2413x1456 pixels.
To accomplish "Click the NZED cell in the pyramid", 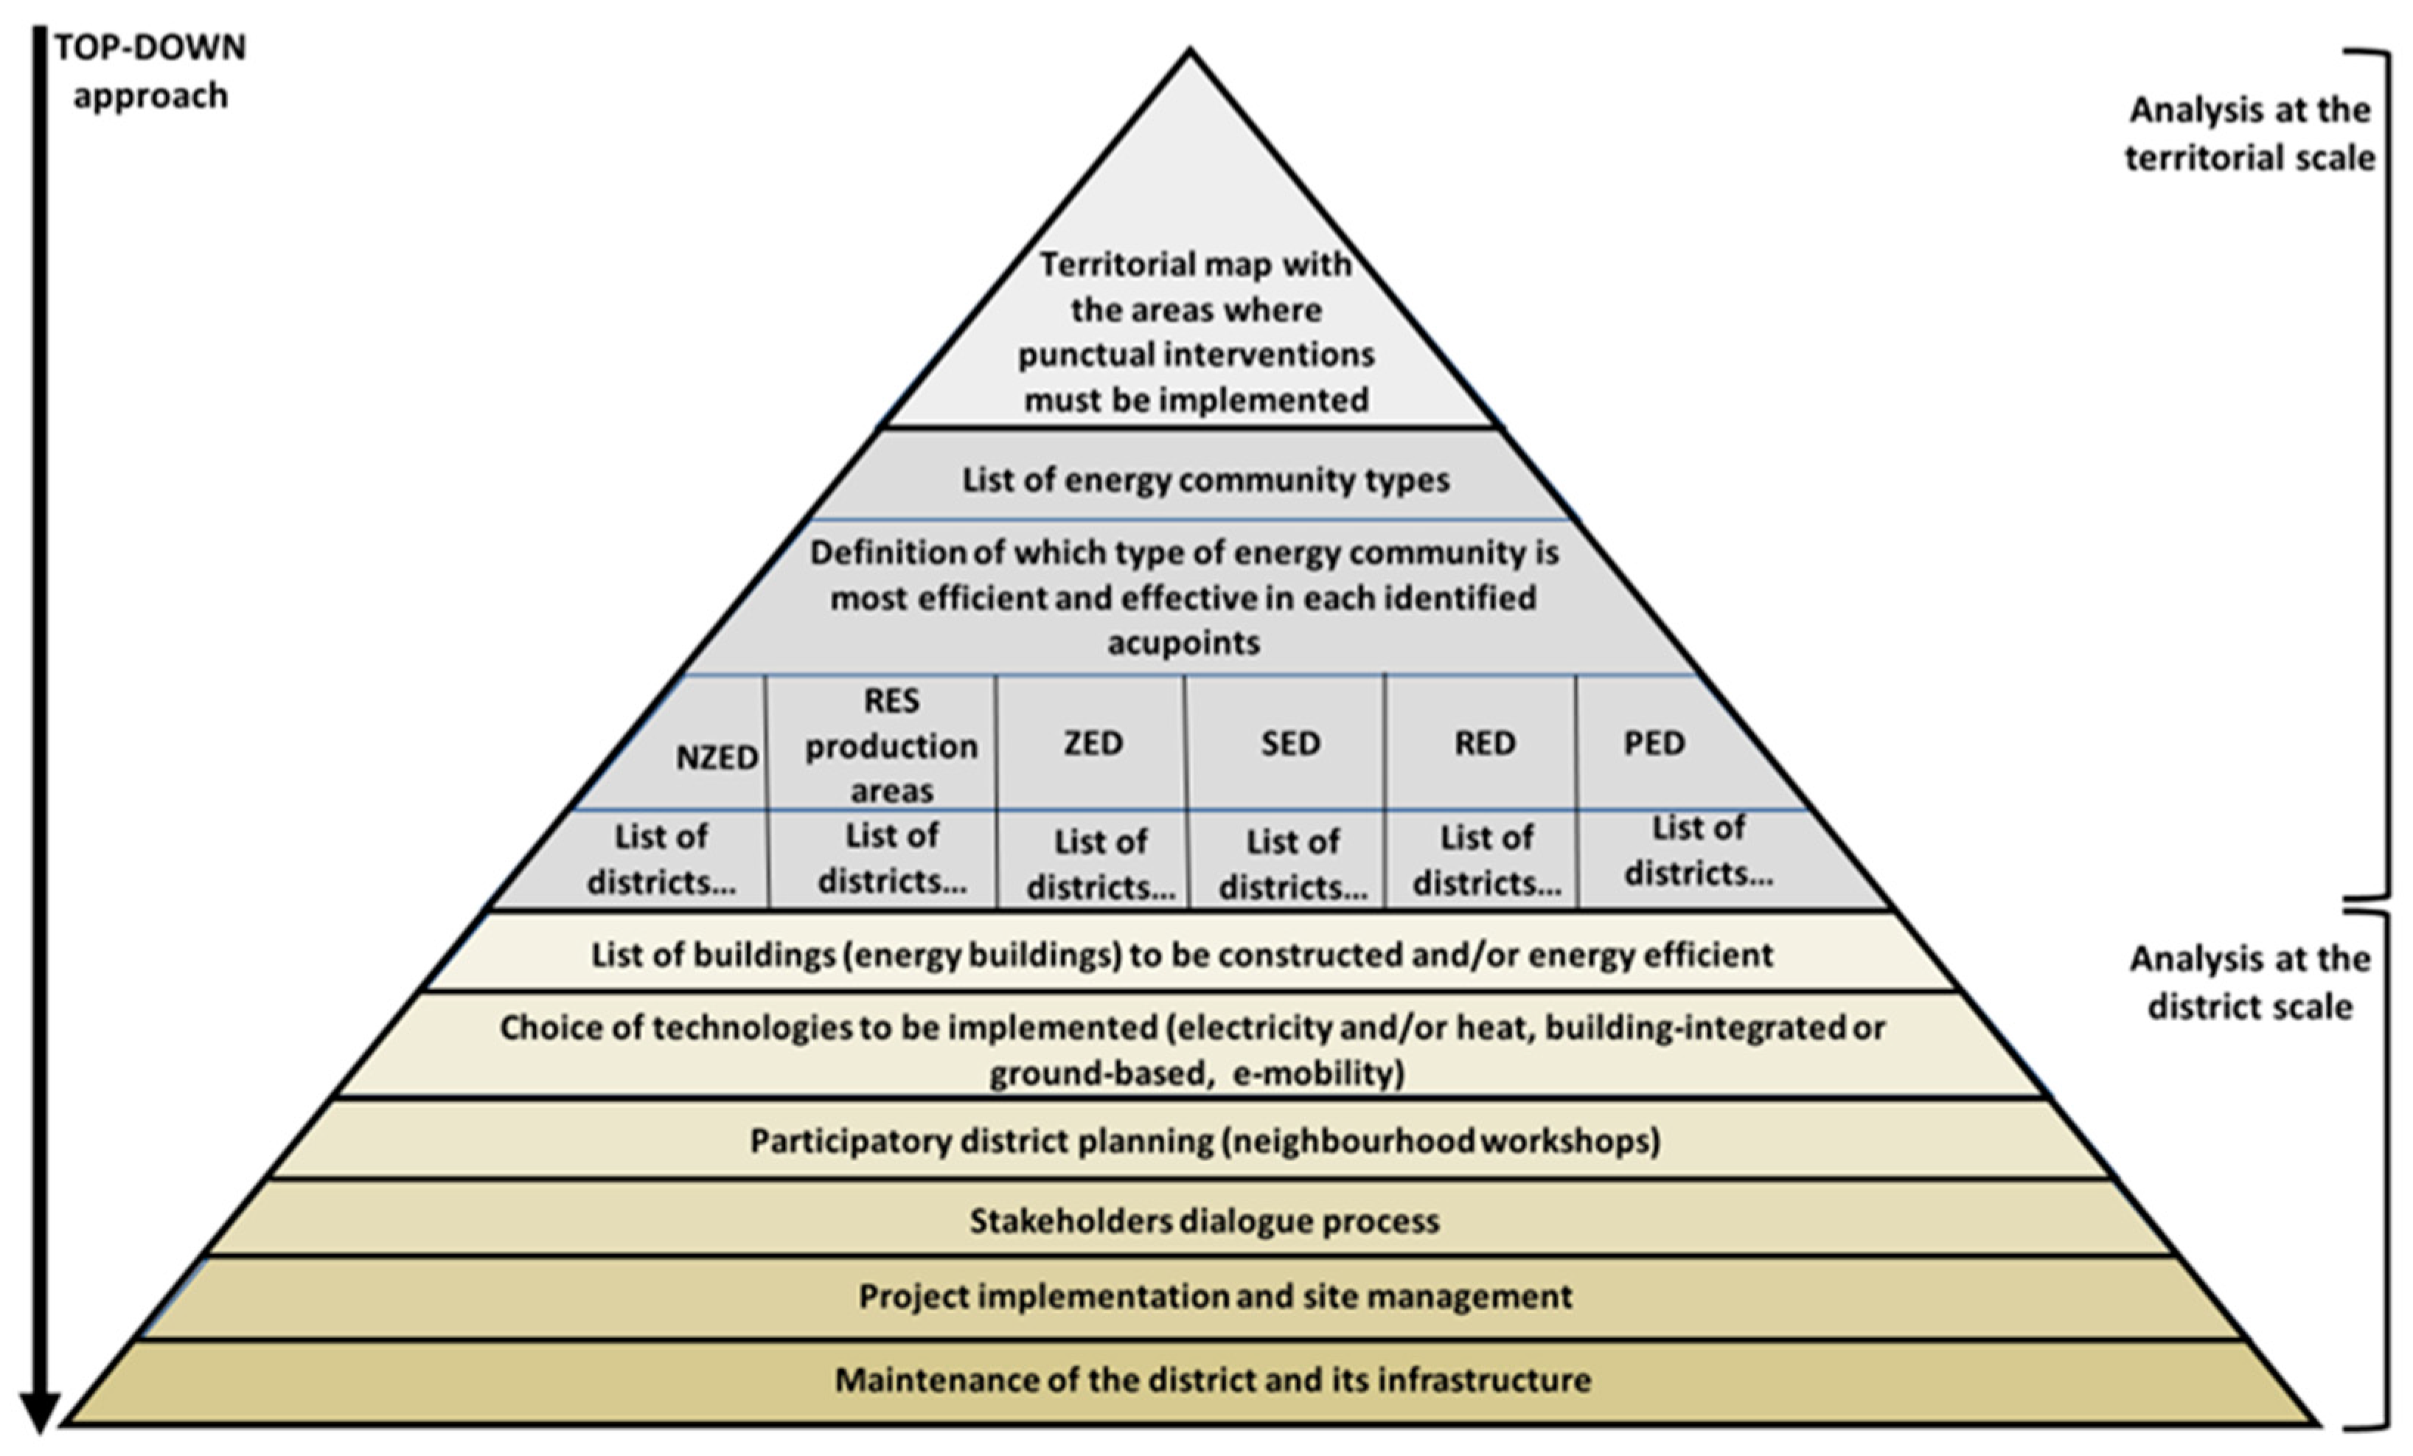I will coord(716,757).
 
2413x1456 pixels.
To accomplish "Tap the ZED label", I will coord(1093,743).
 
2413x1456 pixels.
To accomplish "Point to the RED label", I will coord(1485,743).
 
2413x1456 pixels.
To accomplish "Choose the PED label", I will coord(1654,743).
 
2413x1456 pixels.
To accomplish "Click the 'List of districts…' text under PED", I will coord(1698,851).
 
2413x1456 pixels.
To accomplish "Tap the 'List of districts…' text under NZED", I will coord(661,860).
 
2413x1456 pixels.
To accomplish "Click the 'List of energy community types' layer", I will coord(1205,480).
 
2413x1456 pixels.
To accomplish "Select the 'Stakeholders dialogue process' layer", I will coord(1205,1221).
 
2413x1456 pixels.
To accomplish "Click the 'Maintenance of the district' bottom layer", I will coord(1212,1379).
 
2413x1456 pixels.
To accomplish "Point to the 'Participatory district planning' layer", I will coord(1205,1140).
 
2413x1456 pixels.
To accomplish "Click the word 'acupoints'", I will coord(1183,642).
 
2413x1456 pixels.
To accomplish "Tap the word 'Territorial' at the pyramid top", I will coord(1104,265).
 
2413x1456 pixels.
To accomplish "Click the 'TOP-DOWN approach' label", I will coord(150,72).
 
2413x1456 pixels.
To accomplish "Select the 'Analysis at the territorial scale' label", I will coord(2249,133).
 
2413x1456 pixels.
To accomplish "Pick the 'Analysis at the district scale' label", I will coord(2249,982).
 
